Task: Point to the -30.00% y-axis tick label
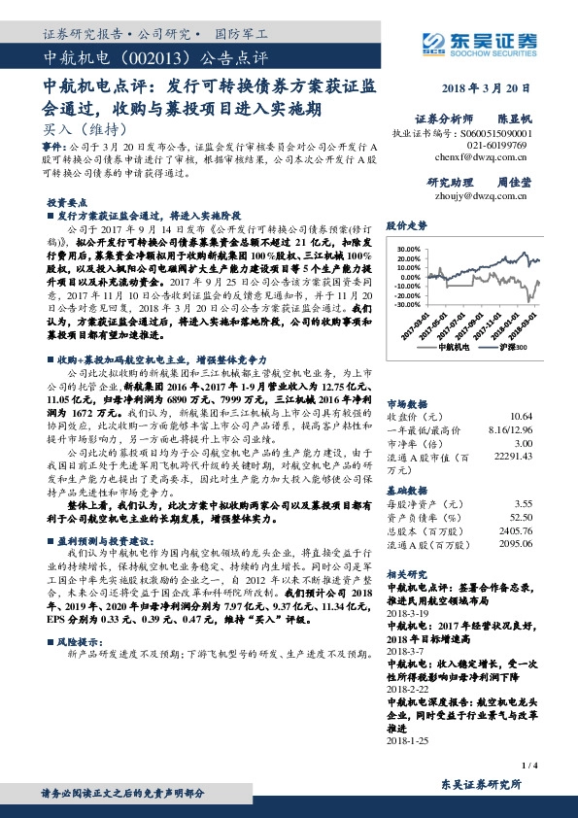pos(408,304)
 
